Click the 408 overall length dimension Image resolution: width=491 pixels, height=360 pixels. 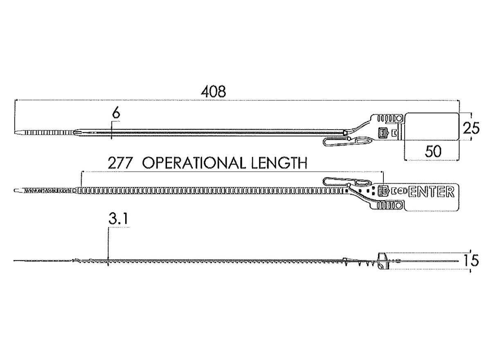(x=213, y=92)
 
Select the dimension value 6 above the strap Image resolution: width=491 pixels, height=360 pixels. (x=116, y=114)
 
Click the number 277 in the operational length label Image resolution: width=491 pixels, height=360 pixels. (x=120, y=163)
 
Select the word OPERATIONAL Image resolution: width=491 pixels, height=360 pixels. (x=192, y=163)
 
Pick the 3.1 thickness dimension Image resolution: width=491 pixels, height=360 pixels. (x=119, y=220)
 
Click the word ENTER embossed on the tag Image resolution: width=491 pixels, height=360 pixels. (x=431, y=191)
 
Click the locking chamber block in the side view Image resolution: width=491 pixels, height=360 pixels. (x=382, y=261)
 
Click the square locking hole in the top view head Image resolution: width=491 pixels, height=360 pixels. (x=383, y=132)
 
